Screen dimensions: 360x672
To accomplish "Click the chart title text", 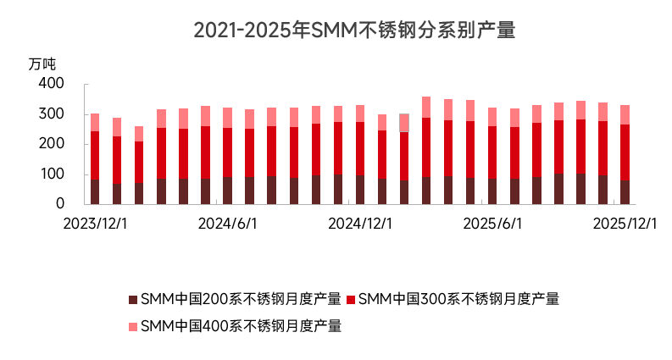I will point(354,30).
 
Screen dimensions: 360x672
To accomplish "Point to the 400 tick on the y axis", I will point(52,84).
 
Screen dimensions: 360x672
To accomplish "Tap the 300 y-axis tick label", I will point(52,114).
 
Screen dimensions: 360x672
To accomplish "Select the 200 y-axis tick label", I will point(52,144).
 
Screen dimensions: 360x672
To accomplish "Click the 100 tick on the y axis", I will point(52,174).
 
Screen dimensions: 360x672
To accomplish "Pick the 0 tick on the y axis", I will point(59,204).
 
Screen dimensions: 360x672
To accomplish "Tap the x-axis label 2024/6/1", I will point(227,224).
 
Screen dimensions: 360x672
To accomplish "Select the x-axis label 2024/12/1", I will point(359,224).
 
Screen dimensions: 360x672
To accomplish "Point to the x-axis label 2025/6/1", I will point(492,224).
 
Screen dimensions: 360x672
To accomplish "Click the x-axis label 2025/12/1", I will point(625,224).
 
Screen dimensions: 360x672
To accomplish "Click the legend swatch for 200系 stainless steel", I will point(132,299).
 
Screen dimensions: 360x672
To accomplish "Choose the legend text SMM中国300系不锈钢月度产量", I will point(458,299).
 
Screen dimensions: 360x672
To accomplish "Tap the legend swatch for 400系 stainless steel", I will point(132,326).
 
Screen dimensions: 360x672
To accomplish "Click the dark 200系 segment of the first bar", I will point(95,191).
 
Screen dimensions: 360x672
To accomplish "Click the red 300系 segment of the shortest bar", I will point(139,162).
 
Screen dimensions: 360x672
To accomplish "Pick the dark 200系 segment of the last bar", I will point(625,192).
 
